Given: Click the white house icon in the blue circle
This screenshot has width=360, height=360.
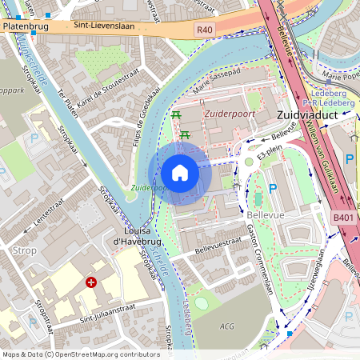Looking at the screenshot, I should [180, 173].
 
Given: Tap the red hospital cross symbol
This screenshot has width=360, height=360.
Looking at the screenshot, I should [91, 282].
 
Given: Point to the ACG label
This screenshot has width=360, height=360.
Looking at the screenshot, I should [228, 326].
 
